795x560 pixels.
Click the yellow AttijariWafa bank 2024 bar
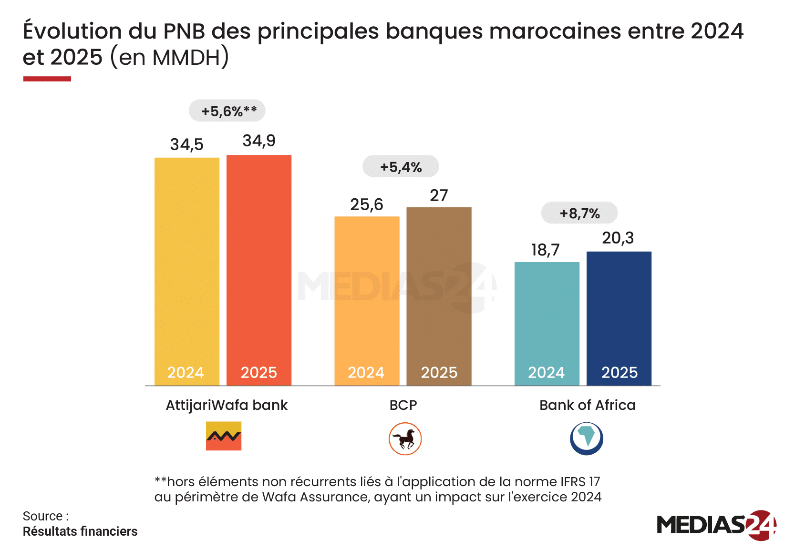tap(187, 267)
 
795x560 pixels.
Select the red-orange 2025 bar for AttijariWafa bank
tap(259, 267)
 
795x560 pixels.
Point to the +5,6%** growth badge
tap(227, 111)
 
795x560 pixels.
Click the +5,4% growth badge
tap(401, 167)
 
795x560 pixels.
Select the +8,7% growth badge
tap(579, 213)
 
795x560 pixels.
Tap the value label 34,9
tap(259, 141)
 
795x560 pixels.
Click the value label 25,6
tap(366, 204)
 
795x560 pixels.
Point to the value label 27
tap(439, 195)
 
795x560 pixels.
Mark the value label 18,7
tap(545, 250)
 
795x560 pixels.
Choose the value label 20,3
tap(618, 238)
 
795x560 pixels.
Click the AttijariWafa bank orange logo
tap(224, 436)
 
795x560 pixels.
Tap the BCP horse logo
tap(405, 438)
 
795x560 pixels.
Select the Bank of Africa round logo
tap(587, 438)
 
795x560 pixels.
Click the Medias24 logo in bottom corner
tap(716, 525)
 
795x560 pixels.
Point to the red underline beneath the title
tap(47, 79)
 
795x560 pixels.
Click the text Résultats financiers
tap(80, 531)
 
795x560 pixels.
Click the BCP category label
tap(403, 405)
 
